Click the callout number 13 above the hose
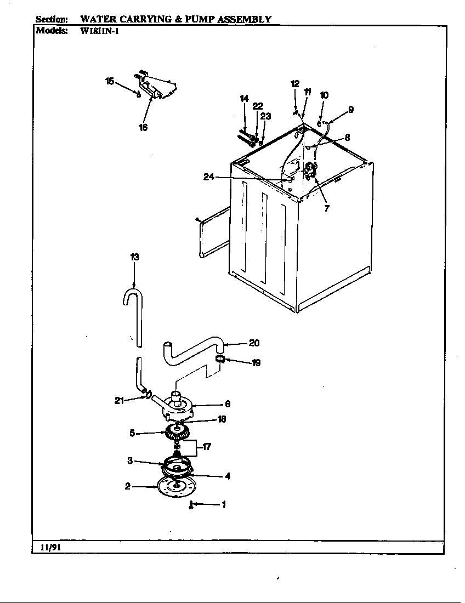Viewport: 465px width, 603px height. pos(134,257)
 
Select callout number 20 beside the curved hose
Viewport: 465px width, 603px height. pos(254,343)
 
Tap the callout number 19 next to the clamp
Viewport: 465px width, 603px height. pos(256,362)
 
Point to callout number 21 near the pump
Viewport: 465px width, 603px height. pos(120,400)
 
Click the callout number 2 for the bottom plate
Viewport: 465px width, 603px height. pos(127,486)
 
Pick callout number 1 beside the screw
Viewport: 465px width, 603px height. pos(223,505)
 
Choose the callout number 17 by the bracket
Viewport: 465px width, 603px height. pos(207,447)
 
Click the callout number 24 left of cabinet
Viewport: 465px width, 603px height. pos(209,177)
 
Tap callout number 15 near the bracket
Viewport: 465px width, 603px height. pos(110,81)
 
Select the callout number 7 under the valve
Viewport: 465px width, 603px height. pos(327,208)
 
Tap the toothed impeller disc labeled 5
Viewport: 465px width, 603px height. pos(177,433)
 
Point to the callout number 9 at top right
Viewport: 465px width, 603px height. pos(350,110)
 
